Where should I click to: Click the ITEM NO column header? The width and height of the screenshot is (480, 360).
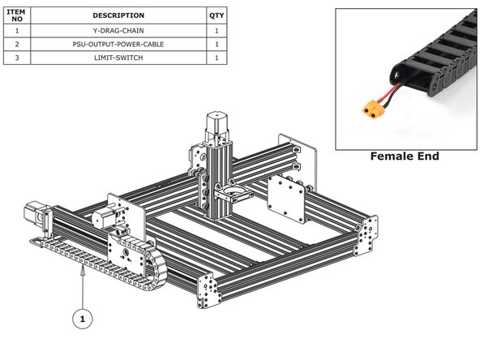click(16, 15)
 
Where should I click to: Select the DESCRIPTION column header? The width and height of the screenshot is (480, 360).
click(118, 15)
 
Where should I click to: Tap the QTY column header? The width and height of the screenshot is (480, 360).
click(216, 15)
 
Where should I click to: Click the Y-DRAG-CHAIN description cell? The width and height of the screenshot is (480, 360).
click(118, 30)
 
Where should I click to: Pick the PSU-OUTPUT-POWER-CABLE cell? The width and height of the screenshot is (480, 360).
click(118, 44)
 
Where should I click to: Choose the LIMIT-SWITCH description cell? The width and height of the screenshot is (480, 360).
click(118, 58)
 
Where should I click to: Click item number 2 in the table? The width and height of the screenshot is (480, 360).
click(16, 44)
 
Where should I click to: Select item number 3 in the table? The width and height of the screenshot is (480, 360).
click(16, 58)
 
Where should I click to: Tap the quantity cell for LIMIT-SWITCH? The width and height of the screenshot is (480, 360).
click(216, 58)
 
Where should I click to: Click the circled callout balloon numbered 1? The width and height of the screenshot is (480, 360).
click(81, 319)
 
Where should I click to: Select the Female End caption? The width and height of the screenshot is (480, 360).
click(403, 156)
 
